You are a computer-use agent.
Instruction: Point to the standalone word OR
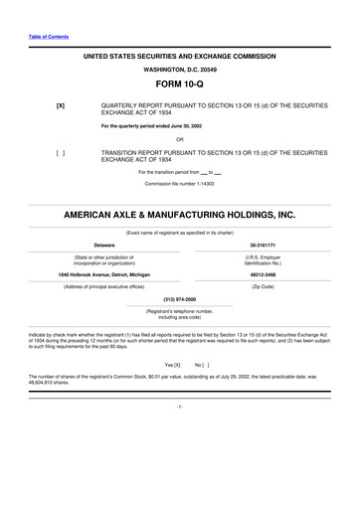pyautogui.click(x=179, y=138)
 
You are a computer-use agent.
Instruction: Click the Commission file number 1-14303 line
pyautogui.click(x=179, y=185)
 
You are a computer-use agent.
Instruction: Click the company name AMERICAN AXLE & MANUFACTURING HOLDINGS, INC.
pyautogui.click(x=179, y=215)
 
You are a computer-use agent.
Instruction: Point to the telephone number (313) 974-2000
pyautogui.click(x=179, y=298)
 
